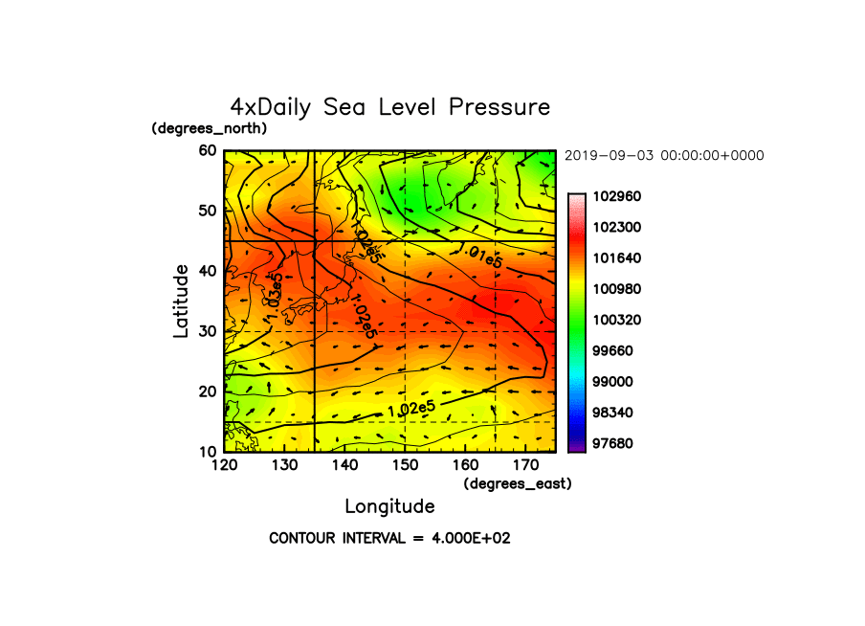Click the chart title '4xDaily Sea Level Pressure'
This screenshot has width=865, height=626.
click(390, 107)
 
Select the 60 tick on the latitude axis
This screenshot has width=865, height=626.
click(208, 150)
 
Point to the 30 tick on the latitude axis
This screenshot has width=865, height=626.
click(208, 331)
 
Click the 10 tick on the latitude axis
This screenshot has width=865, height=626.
click(208, 452)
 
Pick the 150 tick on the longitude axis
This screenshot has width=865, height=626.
click(405, 465)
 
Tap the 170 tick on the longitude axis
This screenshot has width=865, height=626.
click(525, 465)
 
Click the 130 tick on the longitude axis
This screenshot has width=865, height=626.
click(284, 465)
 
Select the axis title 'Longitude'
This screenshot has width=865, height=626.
click(390, 506)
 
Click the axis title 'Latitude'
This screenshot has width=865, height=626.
click(181, 302)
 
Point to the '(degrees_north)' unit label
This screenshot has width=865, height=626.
click(210, 128)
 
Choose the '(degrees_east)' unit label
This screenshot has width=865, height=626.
click(518, 484)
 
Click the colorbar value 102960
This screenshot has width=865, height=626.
click(617, 196)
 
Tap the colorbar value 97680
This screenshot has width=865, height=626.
click(612, 443)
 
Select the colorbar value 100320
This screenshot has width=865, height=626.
click(617, 320)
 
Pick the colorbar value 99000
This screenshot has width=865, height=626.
click(612, 382)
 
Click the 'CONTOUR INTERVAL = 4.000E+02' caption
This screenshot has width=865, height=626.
click(390, 538)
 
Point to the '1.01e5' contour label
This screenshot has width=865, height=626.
click(481, 256)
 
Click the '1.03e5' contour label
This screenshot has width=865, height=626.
click(275, 297)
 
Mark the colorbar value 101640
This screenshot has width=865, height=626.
click(617, 257)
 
